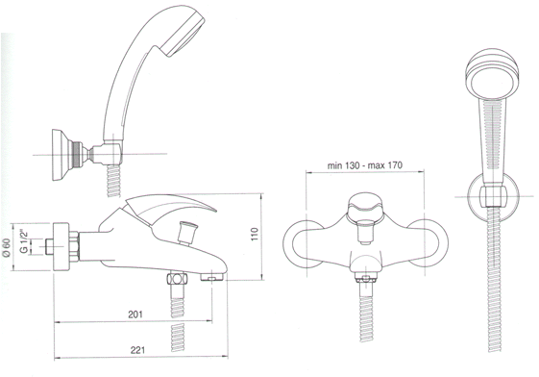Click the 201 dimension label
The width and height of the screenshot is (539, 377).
(x=135, y=314)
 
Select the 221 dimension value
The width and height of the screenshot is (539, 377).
(x=137, y=350)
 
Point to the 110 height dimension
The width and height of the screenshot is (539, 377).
(x=255, y=234)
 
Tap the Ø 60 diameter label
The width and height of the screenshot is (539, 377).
(x=7, y=247)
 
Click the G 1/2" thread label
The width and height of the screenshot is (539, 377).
(x=23, y=241)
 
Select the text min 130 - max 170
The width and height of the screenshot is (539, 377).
(x=364, y=165)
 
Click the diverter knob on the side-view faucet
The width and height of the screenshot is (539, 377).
(x=187, y=232)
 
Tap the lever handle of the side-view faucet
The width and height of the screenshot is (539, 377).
(x=170, y=209)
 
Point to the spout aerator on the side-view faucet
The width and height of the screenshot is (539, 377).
(x=212, y=277)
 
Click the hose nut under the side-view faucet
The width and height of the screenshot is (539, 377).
(x=177, y=278)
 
